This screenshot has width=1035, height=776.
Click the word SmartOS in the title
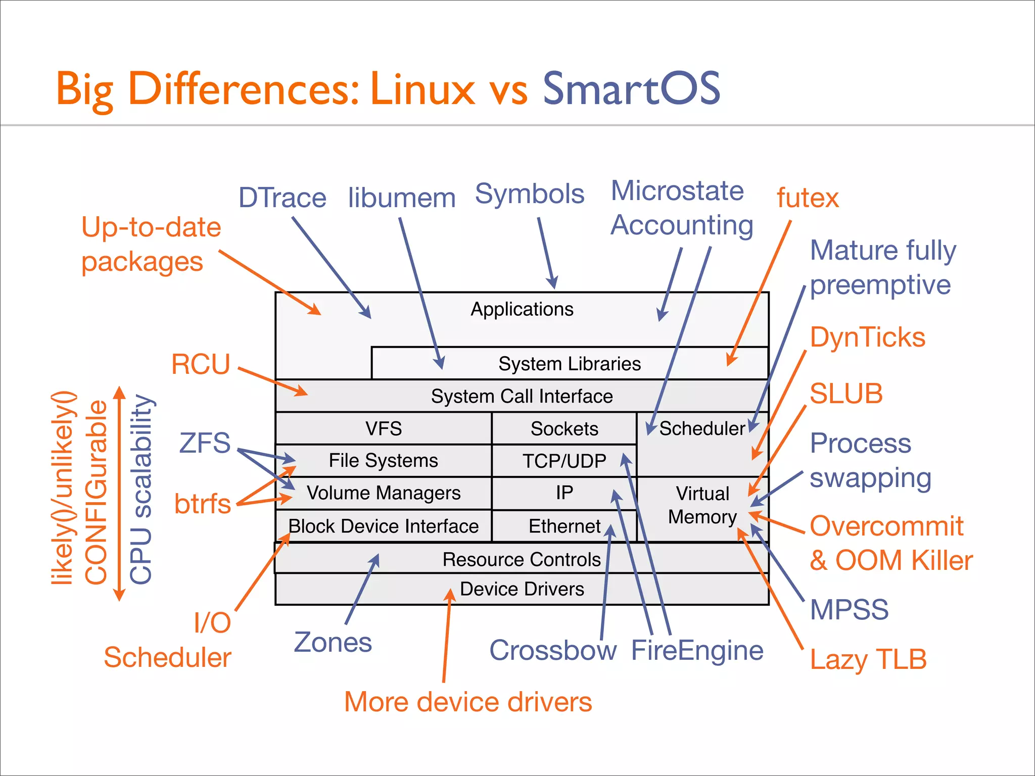click(x=631, y=88)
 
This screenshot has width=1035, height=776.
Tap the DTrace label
click(x=282, y=198)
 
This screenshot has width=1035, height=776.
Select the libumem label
click(x=402, y=198)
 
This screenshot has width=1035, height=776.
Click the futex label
click(x=808, y=198)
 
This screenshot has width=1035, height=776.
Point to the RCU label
click(x=201, y=364)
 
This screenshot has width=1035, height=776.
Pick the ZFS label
click(x=205, y=443)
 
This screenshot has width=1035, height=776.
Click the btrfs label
click(x=202, y=504)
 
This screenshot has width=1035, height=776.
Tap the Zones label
click(x=333, y=643)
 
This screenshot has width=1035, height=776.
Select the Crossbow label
click(x=553, y=650)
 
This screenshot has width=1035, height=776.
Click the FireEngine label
click(x=697, y=650)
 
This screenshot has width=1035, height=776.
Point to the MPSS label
click(x=849, y=609)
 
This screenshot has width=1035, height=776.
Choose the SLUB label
click(x=846, y=394)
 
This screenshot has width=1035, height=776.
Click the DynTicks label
click(x=868, y=337)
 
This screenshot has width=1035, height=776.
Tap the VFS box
click(x=384, y=428)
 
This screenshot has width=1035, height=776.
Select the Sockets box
click(x=564, y=428)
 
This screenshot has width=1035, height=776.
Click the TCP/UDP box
click(x=564, y=461)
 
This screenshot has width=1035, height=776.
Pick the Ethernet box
click(x=564, y=526)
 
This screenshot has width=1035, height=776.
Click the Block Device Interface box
click(x=383, y=526)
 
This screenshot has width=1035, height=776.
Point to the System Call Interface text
click(x=522, y=396)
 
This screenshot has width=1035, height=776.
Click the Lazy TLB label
click(x=868, y=659)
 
